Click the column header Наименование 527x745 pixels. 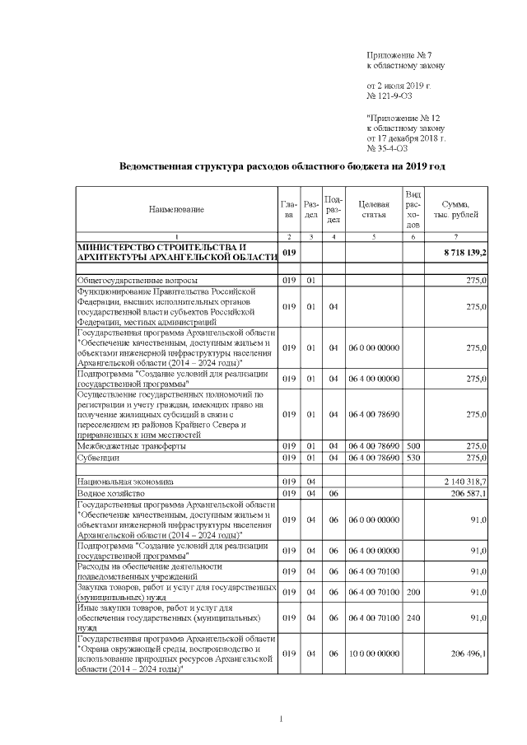click(x=176, y=210)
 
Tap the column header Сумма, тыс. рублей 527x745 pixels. click(x=455, y=209)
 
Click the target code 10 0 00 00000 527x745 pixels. click(x=374, y=653)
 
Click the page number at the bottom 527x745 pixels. click(x=281, y=720)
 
